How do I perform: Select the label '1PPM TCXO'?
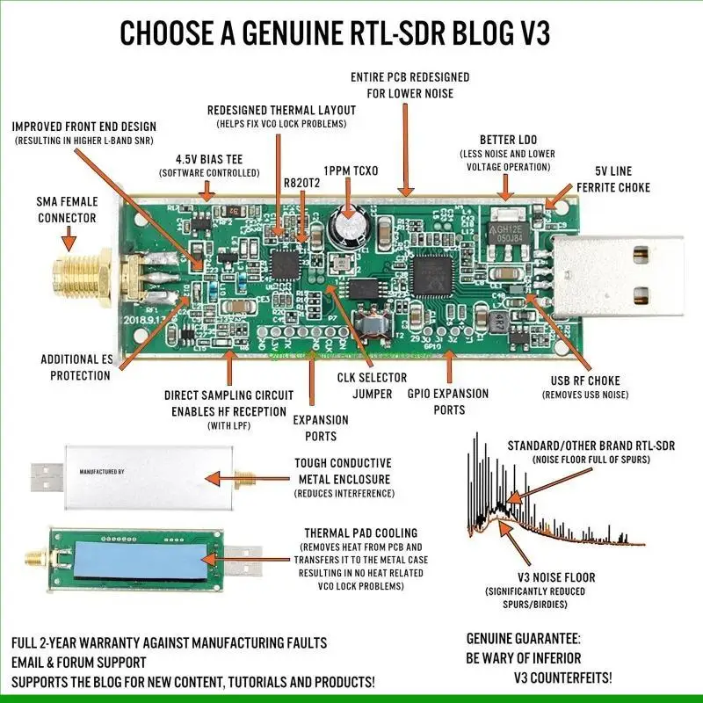[351, 170]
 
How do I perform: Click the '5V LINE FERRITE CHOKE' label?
[613, 178]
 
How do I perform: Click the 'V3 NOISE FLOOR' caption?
[555, 577]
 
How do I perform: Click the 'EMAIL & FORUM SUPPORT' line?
[79, 662]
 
